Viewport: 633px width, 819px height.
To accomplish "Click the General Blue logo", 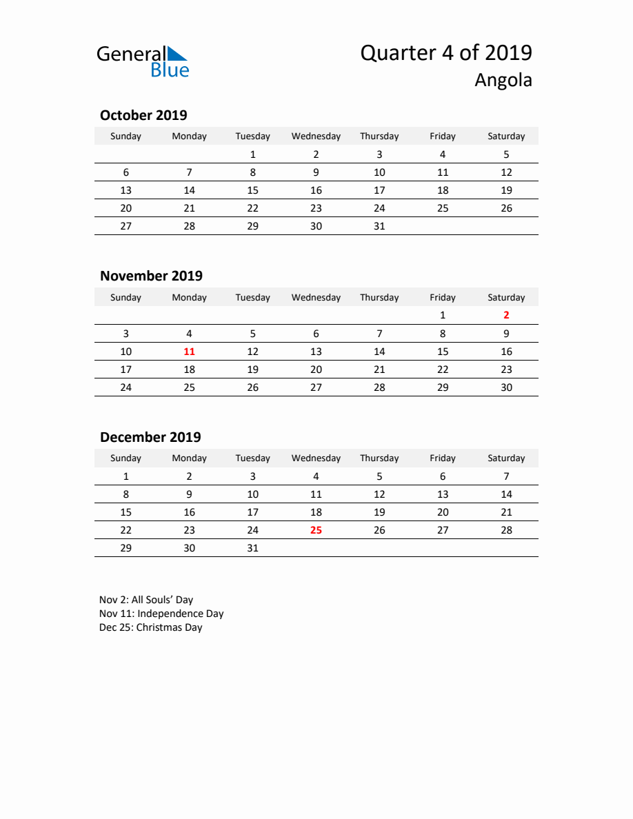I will pos(142,61).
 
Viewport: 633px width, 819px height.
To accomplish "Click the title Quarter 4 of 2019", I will pos(445,53).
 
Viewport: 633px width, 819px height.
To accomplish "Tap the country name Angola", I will pos(503,81).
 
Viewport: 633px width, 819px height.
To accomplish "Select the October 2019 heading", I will pos(143,115).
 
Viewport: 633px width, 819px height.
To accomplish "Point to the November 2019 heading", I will pos(151,276).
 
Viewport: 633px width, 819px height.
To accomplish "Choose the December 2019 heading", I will pos(150,437).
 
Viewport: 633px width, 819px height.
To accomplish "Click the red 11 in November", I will pos(189,352).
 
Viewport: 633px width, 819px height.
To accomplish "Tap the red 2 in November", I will pos(506,315).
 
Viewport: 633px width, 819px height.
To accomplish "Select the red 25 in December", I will pos(316,530).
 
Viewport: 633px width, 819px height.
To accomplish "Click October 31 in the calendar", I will pos(379,226).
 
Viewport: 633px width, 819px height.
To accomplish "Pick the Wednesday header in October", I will pos(316,136).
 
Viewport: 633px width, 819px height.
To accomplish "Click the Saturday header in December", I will pos(506,458).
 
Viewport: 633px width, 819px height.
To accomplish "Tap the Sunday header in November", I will pos(125,298).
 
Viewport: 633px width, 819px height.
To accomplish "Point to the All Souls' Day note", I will pos(146,600).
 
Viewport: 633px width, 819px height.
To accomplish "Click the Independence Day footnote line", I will pos(161,614).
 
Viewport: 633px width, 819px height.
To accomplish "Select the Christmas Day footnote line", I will pos(150,627).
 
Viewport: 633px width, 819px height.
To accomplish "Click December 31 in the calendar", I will pos(252,548).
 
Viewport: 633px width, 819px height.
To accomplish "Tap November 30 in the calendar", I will pos(506,387).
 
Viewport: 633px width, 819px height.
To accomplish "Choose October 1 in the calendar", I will pos(252,154).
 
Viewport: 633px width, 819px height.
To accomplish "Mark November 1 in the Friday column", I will pos(443,315).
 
